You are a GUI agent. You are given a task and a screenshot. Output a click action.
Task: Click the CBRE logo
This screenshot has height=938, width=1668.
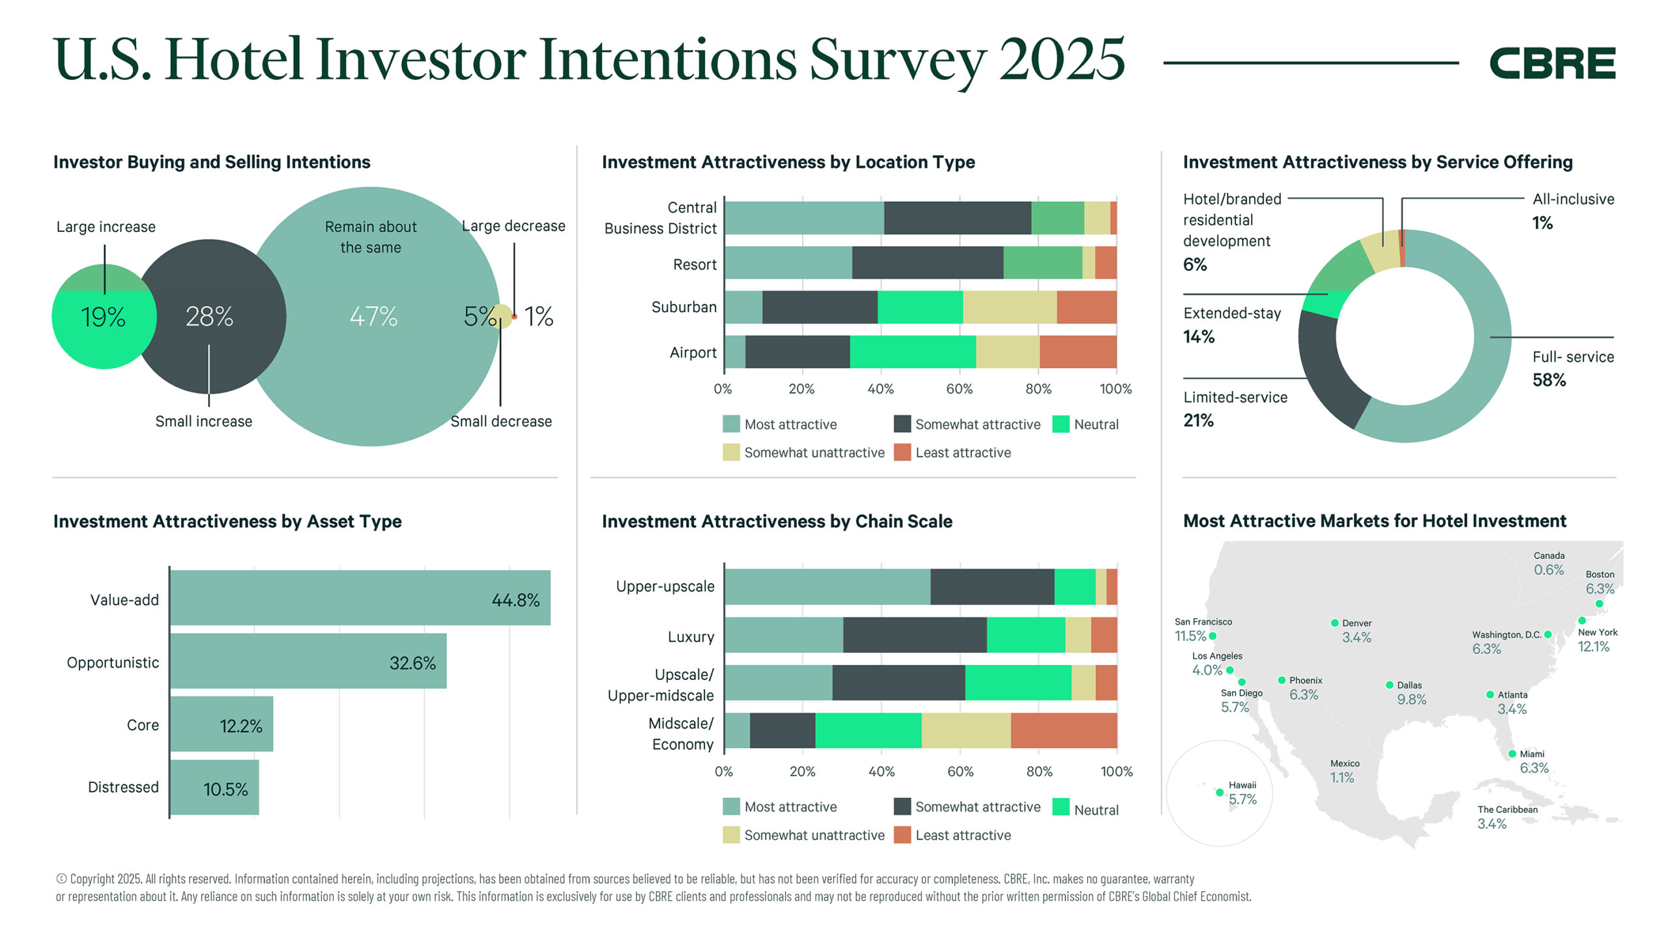click(1552, 63)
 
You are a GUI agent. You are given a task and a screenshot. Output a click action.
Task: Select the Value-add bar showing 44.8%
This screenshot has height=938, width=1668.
click(360, 598)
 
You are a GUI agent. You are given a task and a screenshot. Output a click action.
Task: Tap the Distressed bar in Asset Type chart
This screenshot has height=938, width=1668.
click(214, 788)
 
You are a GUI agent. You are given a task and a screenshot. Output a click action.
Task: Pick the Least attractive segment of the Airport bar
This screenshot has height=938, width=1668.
click(1078, 352)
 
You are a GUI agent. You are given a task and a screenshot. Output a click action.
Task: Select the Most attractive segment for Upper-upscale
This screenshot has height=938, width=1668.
click(827, 586)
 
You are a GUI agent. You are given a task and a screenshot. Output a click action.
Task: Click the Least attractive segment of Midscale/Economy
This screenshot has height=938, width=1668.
click(1063, 730)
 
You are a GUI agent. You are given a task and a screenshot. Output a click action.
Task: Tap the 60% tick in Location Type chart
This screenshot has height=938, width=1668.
click(959, 389)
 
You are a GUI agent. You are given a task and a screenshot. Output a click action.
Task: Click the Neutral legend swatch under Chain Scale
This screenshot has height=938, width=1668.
click(1061, 807)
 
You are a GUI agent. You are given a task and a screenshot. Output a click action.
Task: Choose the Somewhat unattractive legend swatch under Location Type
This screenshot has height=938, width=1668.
click(731, 453)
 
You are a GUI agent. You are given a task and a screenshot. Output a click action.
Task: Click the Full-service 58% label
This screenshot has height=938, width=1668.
click(1572, 369)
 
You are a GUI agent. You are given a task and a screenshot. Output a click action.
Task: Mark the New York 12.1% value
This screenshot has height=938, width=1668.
click(1593, 647)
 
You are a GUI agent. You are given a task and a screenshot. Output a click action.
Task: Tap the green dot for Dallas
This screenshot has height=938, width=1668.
click(1389, 685)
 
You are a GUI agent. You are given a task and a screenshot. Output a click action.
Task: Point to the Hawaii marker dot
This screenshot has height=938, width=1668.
click(1219, 793)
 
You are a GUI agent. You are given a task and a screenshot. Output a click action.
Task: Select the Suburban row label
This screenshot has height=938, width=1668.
click(683, 307)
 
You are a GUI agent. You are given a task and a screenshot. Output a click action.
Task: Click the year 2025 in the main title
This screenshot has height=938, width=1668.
click(1061, 60)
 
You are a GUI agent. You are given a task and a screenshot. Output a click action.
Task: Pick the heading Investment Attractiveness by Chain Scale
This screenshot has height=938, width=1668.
click(777, 521)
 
